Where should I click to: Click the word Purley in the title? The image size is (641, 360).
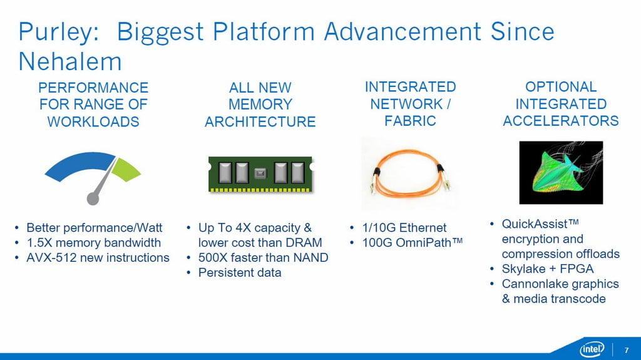coord(55,33)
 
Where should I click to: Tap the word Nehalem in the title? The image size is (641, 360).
coord(70,61)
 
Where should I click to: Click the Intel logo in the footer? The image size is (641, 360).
coord(592,349)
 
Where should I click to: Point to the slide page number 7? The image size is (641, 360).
coord(626,350)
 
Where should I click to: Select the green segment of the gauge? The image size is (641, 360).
coord(125,170)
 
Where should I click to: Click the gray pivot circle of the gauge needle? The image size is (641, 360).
coord(93,199)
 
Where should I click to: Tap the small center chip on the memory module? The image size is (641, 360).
coord(260,173)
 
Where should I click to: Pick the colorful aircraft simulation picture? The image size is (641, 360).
coord(561,172)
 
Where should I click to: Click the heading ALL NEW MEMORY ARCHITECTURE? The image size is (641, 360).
coord(260,105)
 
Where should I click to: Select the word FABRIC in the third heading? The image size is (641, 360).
coord(410,121)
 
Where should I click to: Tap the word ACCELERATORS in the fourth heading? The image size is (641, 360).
coord(560,121)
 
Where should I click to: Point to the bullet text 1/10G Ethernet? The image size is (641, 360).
coord(404,227)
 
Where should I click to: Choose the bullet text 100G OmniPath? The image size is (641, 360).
coord(412,242)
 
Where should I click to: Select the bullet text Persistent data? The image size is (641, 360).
coord(240,272)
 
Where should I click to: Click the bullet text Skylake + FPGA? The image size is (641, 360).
coord(547,269)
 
